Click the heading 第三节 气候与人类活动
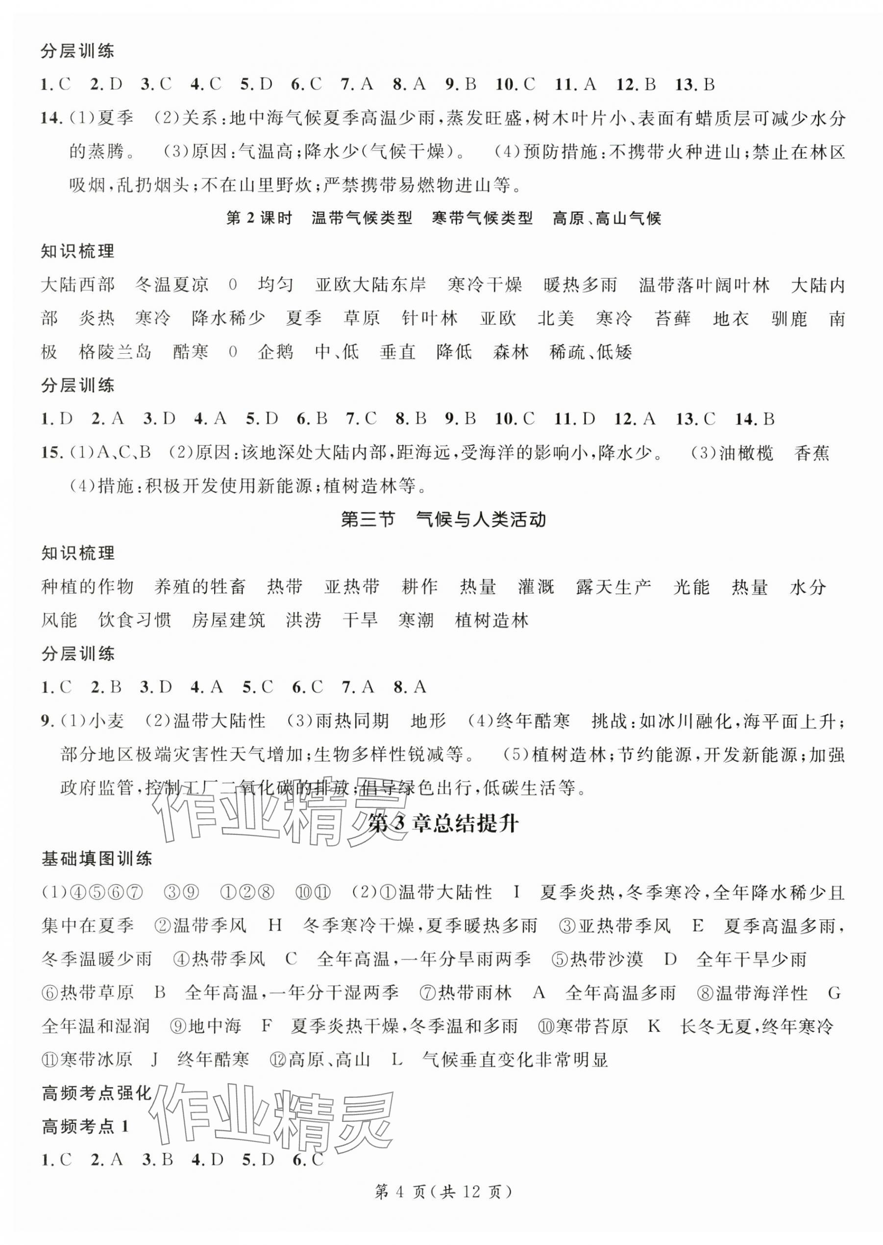coord(442,519)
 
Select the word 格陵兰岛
coord(115,352)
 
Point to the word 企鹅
coord(275,352)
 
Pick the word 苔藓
coord(673,319)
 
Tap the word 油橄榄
coord(746,453)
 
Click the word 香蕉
coord(812,453)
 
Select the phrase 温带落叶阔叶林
coord(705,285)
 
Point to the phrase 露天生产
coord(614,587)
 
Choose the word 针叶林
coord(430,319)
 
